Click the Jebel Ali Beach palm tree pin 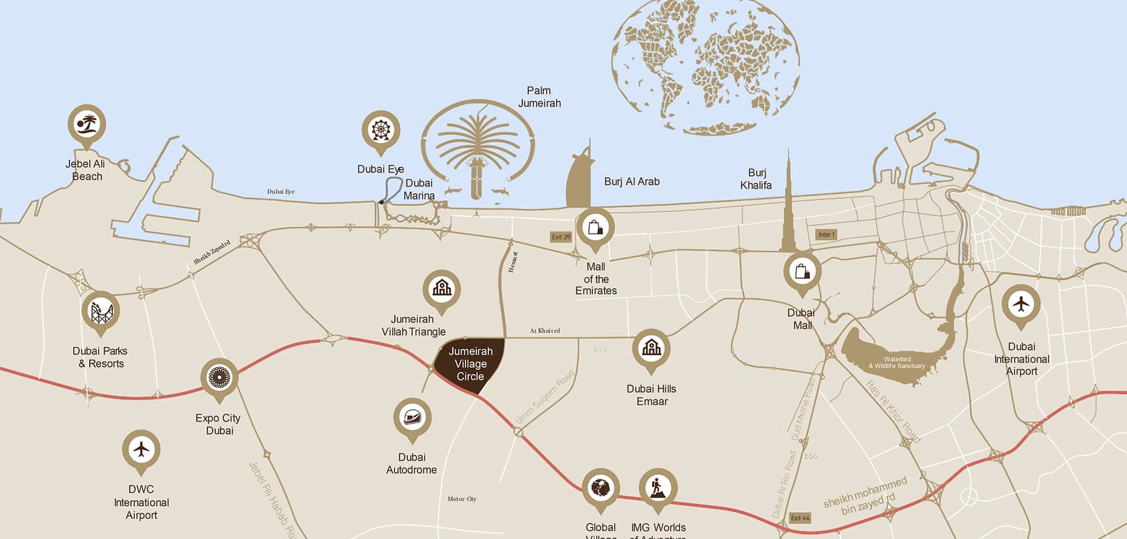[x=87, y=124]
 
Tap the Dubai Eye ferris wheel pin [x=380, y=130]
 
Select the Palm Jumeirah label [x=539, y=97]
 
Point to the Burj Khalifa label [x=756, y=179]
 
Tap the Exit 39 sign [x=561, y=237]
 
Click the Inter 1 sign [x=826, y=234]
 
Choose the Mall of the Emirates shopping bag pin [x=595, y=228]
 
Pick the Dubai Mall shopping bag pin [x=802, y=271]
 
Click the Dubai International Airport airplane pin [x=1021, y=305]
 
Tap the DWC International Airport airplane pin [x=141, y=448]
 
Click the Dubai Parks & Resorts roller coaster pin [x=101, y=311]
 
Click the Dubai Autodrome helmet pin [x=412, y=418]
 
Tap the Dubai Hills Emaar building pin [x=651, y=348]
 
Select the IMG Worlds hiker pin [x=658, y=487]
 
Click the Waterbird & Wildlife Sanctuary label [x=897, y=362]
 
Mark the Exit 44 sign [x=800, y=518]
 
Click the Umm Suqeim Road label [x=545, y=397]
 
